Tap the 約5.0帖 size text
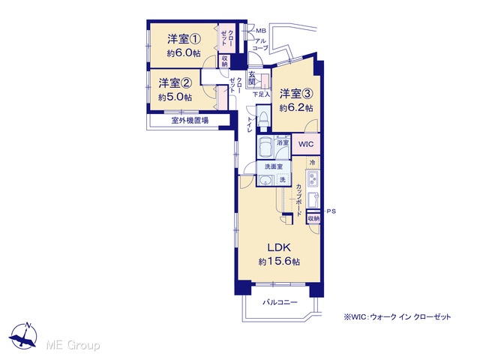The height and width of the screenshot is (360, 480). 175,97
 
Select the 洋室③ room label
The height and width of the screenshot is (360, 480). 296,94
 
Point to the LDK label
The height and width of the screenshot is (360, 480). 279,247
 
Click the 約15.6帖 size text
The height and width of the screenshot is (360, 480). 279,262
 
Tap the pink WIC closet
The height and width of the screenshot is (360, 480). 306,144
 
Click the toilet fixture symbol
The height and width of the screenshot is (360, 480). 263,118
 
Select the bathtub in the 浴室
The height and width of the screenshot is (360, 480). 265,147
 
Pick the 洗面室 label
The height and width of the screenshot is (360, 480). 274,166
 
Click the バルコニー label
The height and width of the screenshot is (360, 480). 280,302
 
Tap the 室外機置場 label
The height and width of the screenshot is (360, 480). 190,121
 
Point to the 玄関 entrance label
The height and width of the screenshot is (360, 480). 252,78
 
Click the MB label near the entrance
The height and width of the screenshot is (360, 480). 261,31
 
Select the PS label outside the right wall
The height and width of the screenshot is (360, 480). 331,211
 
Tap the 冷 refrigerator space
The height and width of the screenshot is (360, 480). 312,163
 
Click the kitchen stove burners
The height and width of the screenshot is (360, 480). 313,179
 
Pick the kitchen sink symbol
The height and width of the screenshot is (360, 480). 312,200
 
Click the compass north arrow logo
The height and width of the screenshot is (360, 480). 23,335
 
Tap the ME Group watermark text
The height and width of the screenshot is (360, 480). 73,345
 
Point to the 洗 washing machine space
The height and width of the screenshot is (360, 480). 283,180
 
